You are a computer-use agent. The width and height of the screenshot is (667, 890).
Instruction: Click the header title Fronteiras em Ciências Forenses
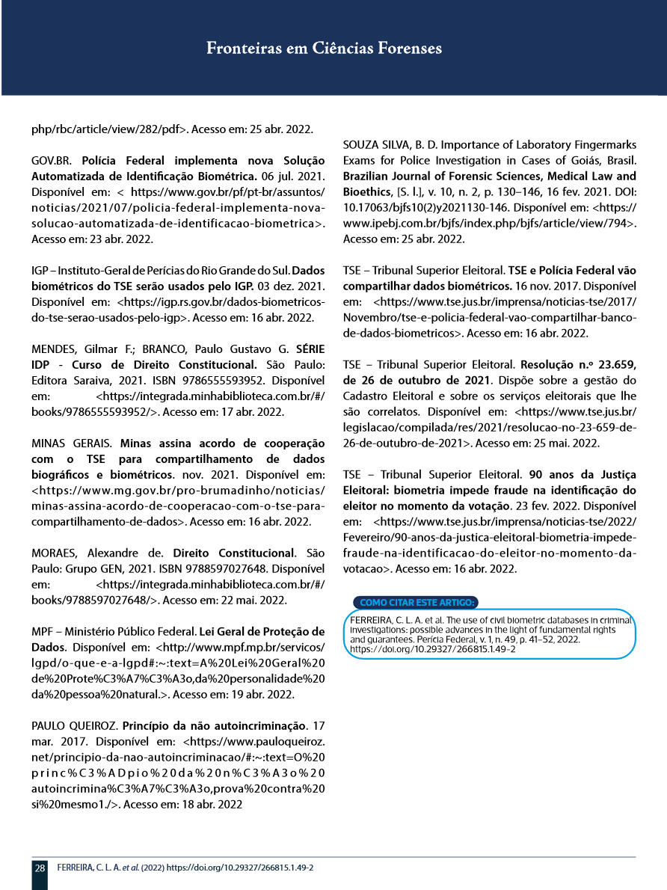pos(324,49)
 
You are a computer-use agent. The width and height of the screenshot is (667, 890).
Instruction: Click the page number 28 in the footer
pos(39,868)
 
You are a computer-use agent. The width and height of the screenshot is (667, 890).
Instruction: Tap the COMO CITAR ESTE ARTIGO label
pos(417,602)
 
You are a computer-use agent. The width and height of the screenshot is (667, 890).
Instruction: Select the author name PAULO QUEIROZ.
pos(73,725)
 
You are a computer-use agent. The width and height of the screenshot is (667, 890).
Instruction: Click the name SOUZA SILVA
pos(380,144)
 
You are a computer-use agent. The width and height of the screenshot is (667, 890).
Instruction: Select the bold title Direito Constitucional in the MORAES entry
pos(233,553)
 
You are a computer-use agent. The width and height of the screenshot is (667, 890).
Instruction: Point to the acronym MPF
pos(43,630)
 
